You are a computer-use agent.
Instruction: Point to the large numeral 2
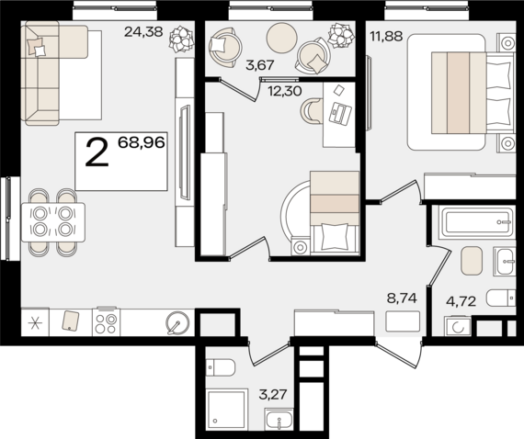(97, 152)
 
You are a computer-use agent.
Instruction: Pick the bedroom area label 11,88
(386, 38)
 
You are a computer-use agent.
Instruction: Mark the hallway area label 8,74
(401, 299)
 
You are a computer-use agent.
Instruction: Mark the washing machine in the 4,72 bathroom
(457, 327)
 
